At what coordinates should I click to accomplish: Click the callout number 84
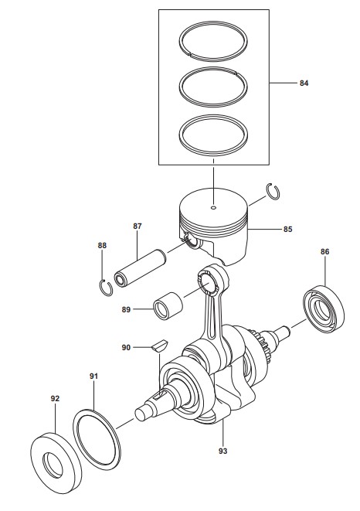(x=304, y=83)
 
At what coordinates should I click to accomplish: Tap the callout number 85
(x=287, y=230)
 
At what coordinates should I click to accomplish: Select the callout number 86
(x=324, y=251)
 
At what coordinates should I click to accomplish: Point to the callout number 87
(x=138, y=226)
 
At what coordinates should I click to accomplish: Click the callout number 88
(x=102, y=245)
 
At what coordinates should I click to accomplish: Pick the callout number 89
(x=126, y=309)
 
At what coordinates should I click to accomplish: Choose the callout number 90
(x=126, y=348)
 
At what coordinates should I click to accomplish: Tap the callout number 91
(x=93, y=376)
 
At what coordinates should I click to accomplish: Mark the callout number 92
(x=55, y=399)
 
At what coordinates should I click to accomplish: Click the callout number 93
(x=222, y=451)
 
